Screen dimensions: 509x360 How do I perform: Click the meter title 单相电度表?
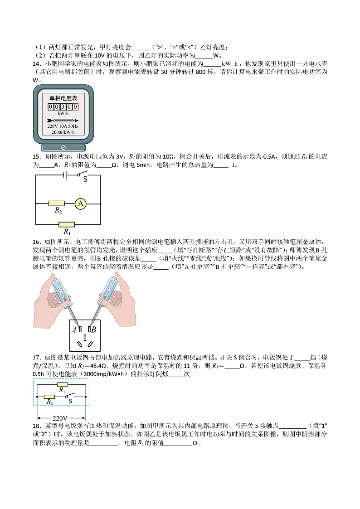pos(63,98)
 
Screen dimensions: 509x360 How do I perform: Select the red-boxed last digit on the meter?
pos(76,107)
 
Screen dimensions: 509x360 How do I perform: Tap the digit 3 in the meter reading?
pos(63,107)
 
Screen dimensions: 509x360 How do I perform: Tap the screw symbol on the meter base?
pos(63,148)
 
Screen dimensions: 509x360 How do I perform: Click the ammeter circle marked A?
pos(80,204)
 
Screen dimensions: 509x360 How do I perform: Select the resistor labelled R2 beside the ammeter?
pos(56,204)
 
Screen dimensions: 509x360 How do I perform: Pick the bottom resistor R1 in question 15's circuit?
pos(67,224)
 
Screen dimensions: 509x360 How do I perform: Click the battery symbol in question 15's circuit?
pos(65,175)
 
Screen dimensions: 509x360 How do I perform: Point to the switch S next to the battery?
pos(82,175)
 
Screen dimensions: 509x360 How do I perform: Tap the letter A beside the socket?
pos(73,330)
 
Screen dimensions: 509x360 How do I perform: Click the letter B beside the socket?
pos(94,330)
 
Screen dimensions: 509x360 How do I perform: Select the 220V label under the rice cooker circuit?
pos(60,418)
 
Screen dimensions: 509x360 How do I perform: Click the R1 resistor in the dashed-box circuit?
pos(62,384)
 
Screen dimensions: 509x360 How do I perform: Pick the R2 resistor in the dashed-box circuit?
pos(49,397)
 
